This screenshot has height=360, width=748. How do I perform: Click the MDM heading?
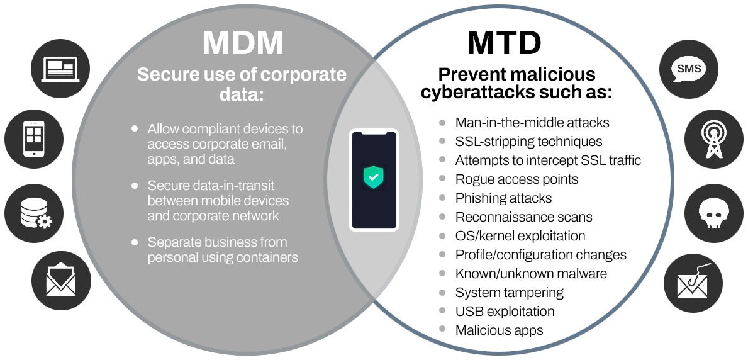[x=242, y=43]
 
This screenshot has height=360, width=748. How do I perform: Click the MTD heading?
[x=504, y=43]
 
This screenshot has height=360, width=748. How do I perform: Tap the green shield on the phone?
[x=374, y=177]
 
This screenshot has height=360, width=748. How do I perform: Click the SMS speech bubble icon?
[x=687, y=69]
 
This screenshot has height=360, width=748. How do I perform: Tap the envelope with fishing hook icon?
[x=691, y=284]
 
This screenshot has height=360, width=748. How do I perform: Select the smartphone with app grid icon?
[x=34, y=138]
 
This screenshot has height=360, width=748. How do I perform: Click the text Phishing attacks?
[x=503, y=198]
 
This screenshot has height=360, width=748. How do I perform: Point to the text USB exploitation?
[x=505, y=312]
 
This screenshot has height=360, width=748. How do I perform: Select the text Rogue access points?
[x=516, y=179]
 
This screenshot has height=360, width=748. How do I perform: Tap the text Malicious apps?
[x=499, y=330]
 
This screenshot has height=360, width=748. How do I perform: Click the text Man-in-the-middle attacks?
[x=532, y=123]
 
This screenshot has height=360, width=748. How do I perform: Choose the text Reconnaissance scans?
[x=523, y=217]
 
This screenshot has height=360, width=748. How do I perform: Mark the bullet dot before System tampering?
[x=443, y=292]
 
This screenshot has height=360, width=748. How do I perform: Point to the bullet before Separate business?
[x=135, y=242]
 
